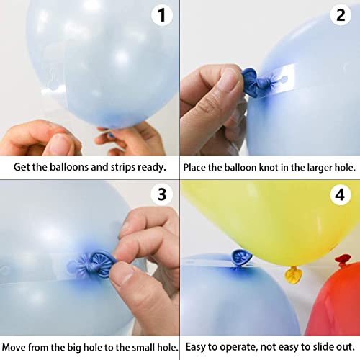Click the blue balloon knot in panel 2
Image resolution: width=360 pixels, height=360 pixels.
point(251,82)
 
